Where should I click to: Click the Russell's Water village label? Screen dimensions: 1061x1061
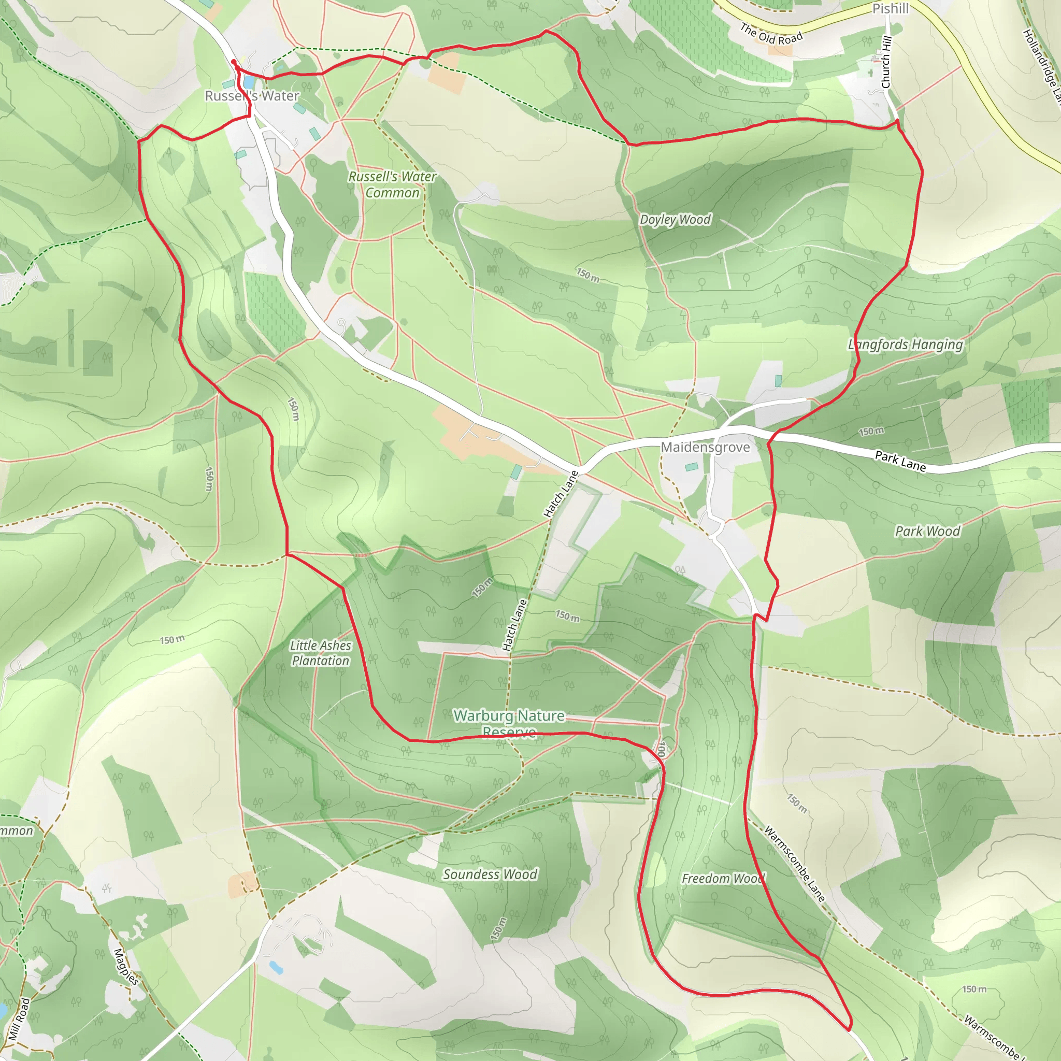252,96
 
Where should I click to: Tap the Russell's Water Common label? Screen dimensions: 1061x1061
392,184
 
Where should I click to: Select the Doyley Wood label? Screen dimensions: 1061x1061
675,220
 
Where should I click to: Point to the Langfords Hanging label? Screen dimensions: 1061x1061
905,345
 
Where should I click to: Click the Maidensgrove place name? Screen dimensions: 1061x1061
705,447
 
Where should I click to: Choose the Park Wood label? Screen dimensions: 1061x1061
927,531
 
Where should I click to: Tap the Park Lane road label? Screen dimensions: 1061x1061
900,461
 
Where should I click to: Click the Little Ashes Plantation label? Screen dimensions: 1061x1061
321,653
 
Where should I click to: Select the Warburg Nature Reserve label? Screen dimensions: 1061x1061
509,723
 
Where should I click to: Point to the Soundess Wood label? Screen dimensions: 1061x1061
490,874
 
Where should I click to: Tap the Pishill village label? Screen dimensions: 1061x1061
890,9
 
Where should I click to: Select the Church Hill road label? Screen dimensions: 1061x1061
886,62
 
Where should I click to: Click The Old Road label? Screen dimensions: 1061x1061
771,34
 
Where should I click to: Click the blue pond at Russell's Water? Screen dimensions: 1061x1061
249,82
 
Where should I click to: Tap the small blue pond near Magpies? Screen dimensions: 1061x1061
276,967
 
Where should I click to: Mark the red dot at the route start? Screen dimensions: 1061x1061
234,62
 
